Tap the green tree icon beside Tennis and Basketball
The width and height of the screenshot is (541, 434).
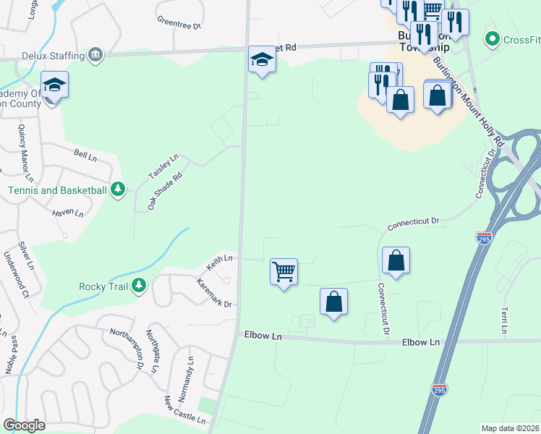pos(118,190)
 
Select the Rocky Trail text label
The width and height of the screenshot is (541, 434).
pos(103,286)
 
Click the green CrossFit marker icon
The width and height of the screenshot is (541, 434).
pos(493,38)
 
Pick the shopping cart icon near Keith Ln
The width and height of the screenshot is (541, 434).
pos(284,272)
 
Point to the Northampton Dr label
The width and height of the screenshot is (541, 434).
pos(126,350)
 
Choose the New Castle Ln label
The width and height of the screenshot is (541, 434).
pos(180,409)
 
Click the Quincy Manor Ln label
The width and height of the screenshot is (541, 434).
pos(25,152)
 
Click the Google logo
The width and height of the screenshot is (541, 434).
pos(24,425)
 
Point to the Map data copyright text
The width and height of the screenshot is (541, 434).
pos(511,428)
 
